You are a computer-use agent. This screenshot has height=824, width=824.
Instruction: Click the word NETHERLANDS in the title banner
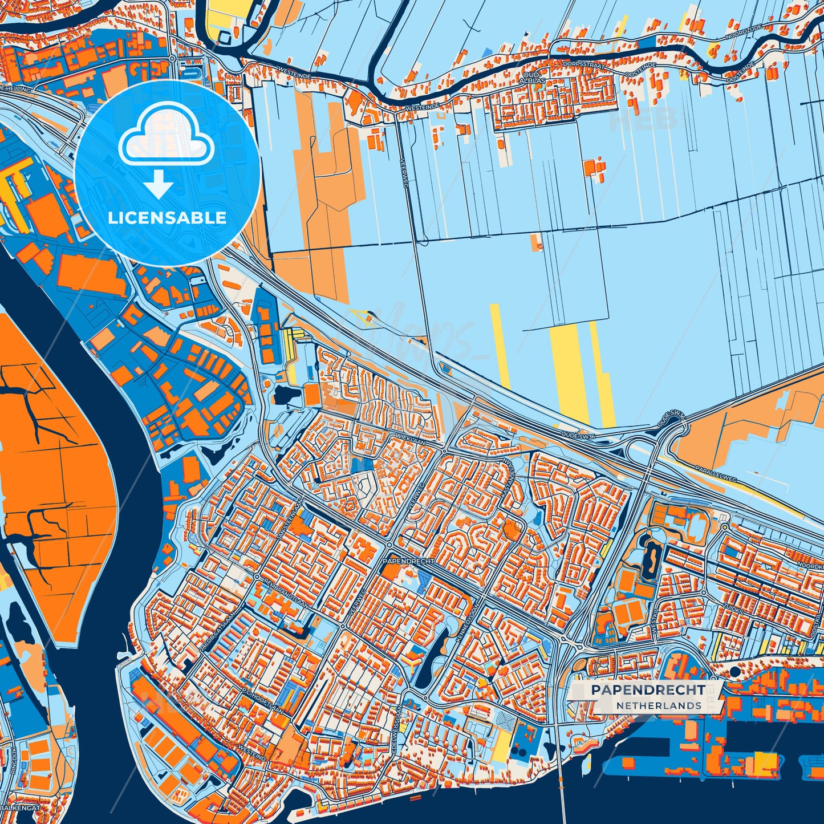[x=658, y=706]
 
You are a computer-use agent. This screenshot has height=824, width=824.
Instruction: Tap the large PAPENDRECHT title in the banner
[x=647, y=690]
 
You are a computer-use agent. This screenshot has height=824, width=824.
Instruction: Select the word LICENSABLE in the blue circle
[x=167, y=218]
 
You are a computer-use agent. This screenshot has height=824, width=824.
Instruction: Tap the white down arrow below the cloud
[x=159, y=186]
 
